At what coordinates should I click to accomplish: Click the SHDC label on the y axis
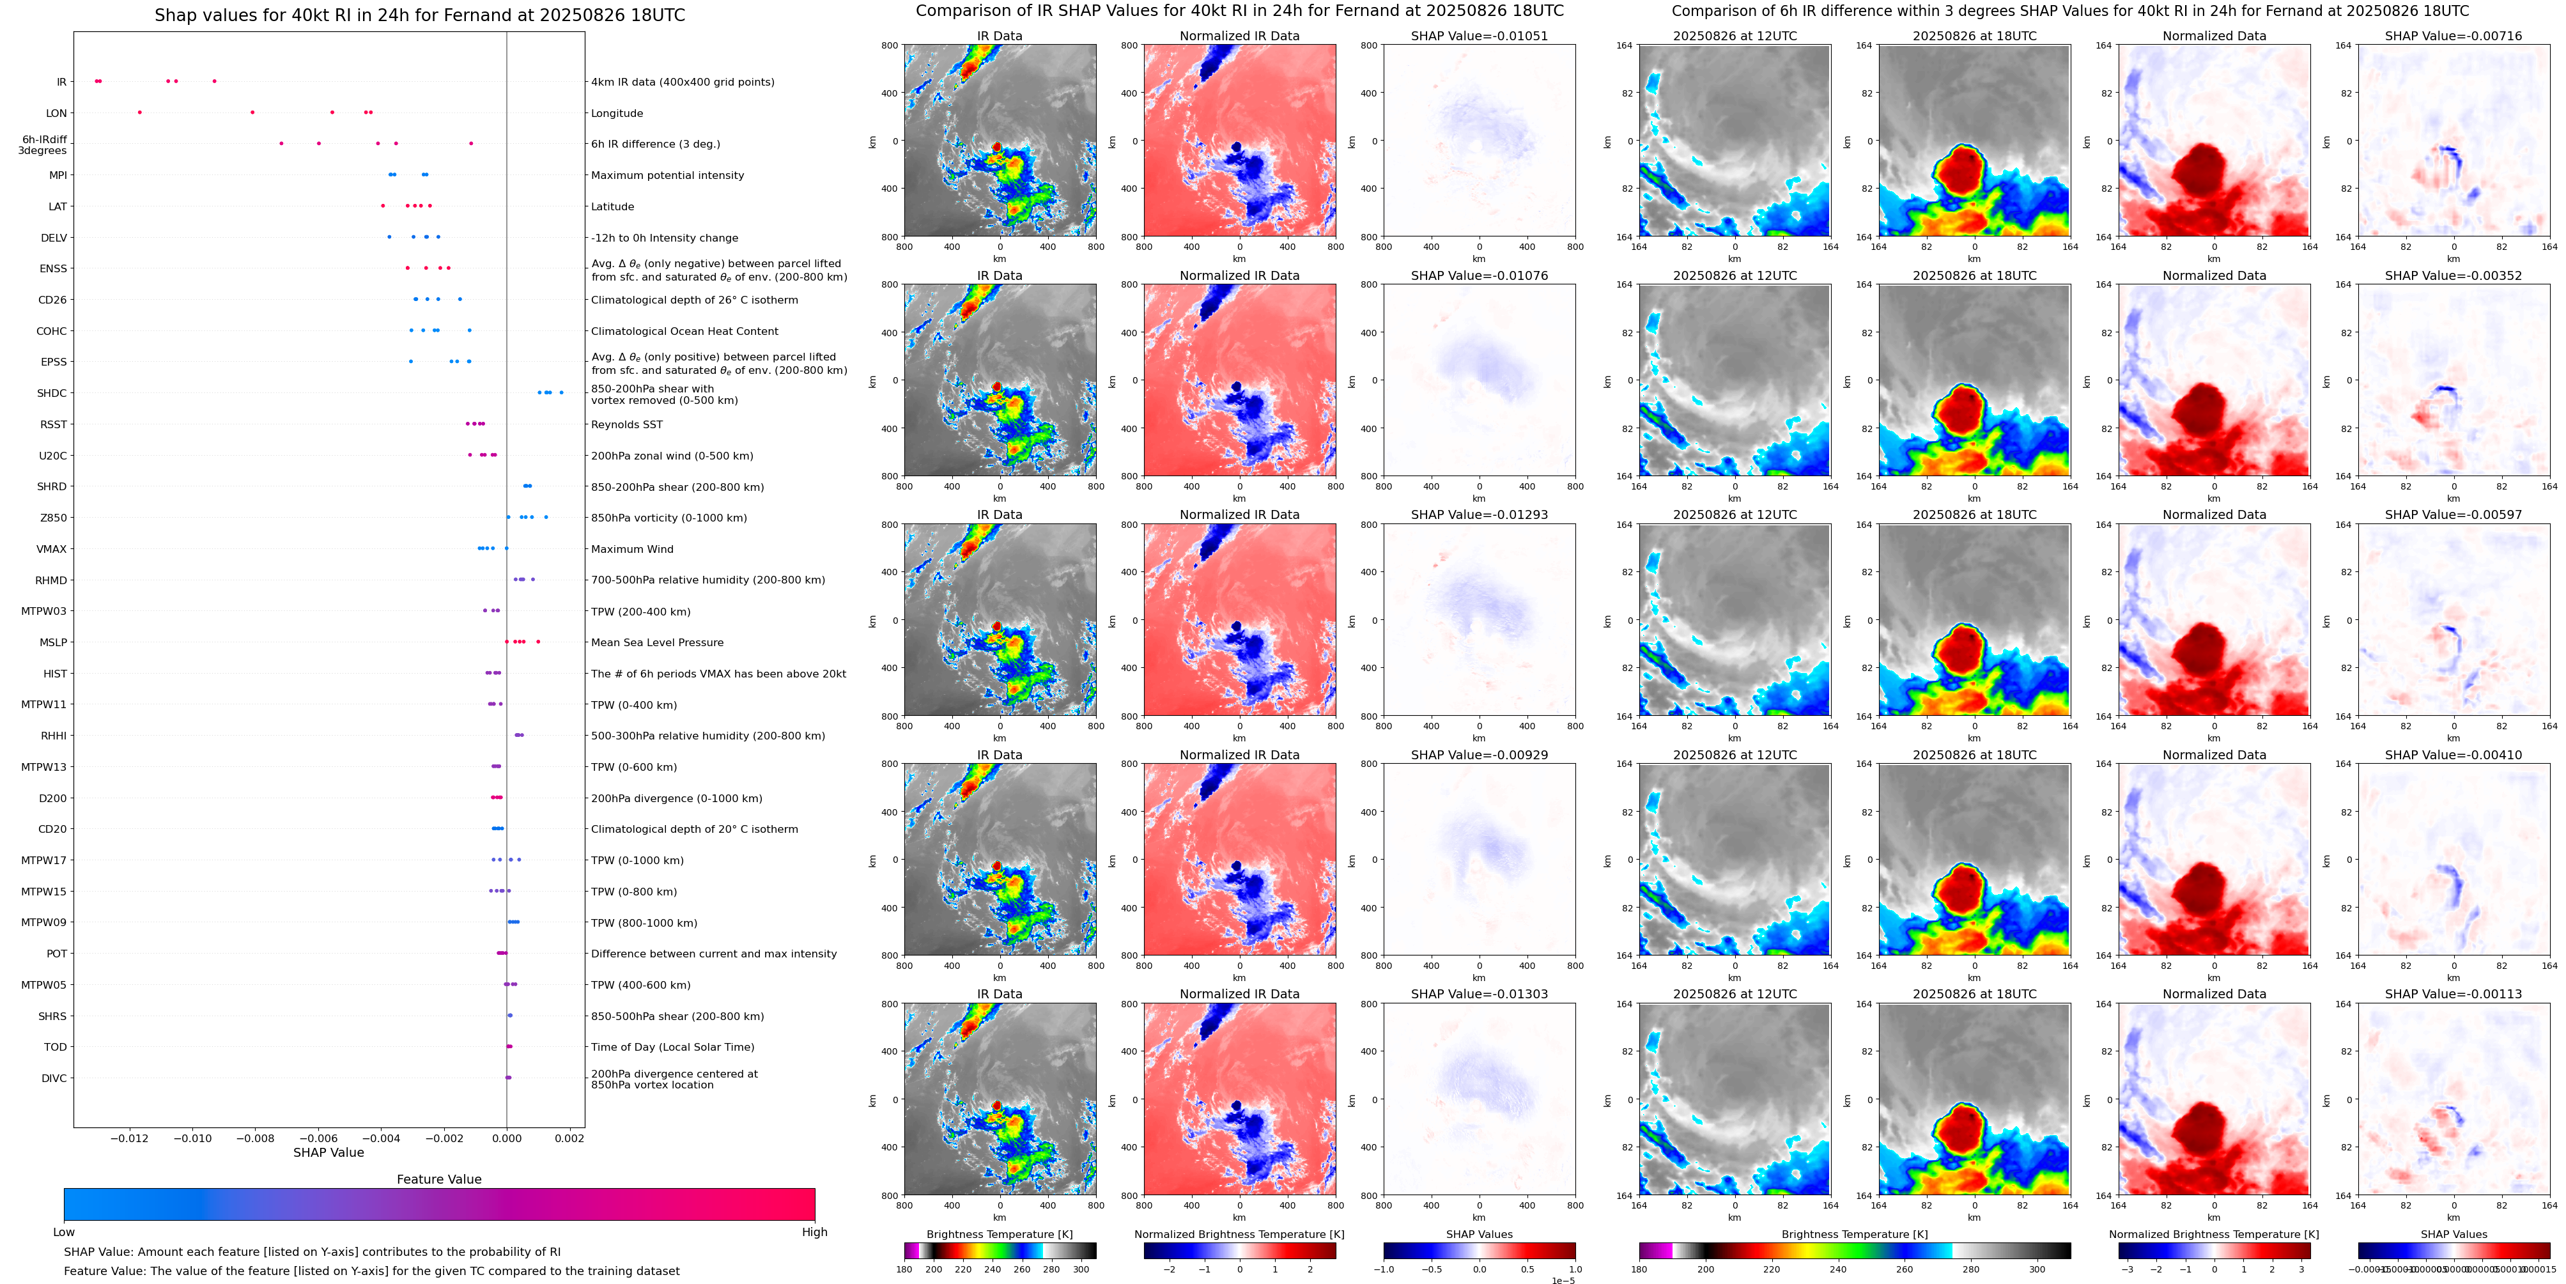coord(52,394)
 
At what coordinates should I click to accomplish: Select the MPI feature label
coord(58,175)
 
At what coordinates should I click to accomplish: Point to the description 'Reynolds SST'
coord(626,424)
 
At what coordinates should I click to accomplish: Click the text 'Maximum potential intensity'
coord(667,175)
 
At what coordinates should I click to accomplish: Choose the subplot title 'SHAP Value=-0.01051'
coord(1480,36)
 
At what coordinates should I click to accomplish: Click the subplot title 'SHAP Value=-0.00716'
coord(2454,36)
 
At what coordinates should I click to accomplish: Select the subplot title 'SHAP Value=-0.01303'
coord(1480,994)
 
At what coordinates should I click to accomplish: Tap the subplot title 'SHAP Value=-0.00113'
coord(2454,994)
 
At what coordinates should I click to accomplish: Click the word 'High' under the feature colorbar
coord(815,1232)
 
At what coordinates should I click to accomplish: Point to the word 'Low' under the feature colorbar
coord(64,1232)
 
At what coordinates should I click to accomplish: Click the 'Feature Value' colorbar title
coord(439,1179)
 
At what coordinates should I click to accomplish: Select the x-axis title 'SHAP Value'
coord(328,1152)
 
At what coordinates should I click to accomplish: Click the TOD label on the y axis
coord(56,1047)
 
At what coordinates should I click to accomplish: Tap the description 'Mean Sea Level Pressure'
coord(658,642)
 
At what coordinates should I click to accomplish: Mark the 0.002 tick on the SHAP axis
coord(569,1138)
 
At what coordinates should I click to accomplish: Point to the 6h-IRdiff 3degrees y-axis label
coord(44,146)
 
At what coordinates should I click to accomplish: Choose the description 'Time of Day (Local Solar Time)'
coord(672,1047)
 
